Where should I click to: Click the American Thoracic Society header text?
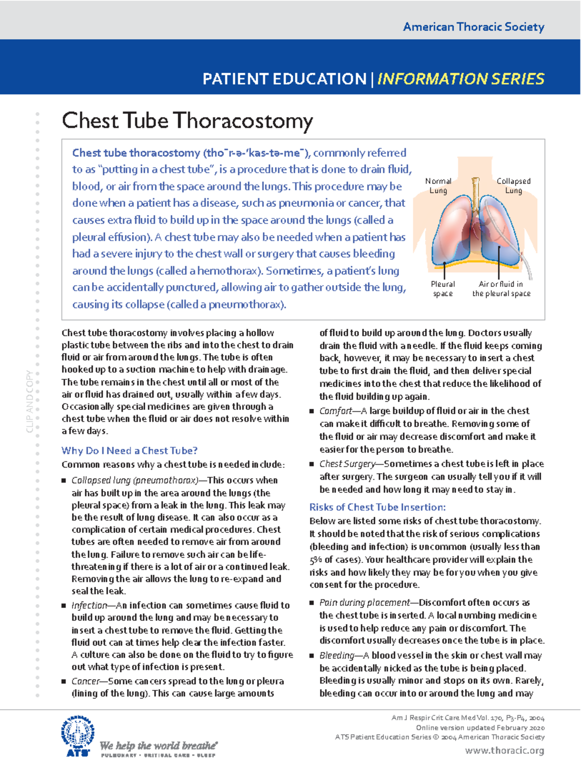click(x=474, y=27)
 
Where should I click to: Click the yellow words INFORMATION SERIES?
click(x=460, y=78)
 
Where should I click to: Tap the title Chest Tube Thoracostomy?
click(x=187, y=121)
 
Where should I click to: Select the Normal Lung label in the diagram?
click(x=438, y=186)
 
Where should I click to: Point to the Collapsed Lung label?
click(x=513, y=186)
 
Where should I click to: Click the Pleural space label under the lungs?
click(x=443, y=289)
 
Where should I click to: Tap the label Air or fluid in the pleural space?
click(x=501, y=289)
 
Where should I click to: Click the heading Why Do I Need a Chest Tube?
click(x=129, y=451)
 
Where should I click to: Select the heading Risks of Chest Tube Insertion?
click(x=377, y=507)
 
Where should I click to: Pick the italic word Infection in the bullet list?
click(x=89, y=606)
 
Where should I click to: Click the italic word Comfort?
click(x=336, y=411)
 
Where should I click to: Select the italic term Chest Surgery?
click(x=347, y=464)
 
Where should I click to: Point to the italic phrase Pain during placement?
click(x=365, y=603)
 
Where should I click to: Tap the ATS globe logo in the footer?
click(x=77, y=735)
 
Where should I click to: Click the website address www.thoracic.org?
click(x=505, y=750)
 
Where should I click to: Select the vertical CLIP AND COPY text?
click(x=30, y=402)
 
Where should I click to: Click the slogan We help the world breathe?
click(x=158, y=746)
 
